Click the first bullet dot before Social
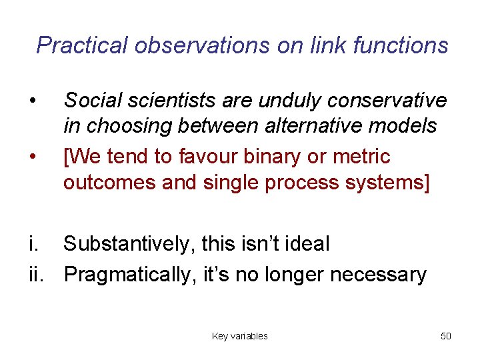pos(32,101)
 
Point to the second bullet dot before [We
pos(32,157)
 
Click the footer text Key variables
pos(239,336)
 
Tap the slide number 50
pos(445,336)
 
